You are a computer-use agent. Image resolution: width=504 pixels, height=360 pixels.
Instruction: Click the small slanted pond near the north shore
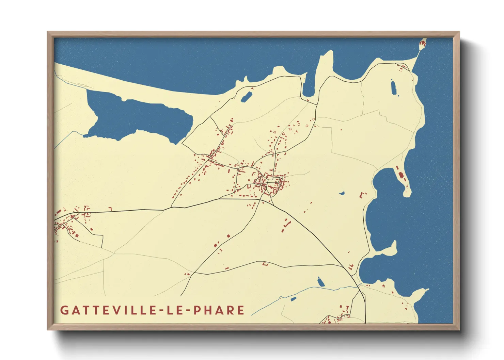point(246,97)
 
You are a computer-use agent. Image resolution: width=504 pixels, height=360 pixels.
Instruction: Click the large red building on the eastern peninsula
point(401,175)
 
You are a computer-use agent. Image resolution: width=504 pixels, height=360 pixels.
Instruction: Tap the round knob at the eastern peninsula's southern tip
point(407,193)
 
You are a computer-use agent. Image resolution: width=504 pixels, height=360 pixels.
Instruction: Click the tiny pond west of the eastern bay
point(342,194)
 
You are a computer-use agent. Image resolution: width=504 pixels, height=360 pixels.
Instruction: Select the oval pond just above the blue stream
point(320,282)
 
